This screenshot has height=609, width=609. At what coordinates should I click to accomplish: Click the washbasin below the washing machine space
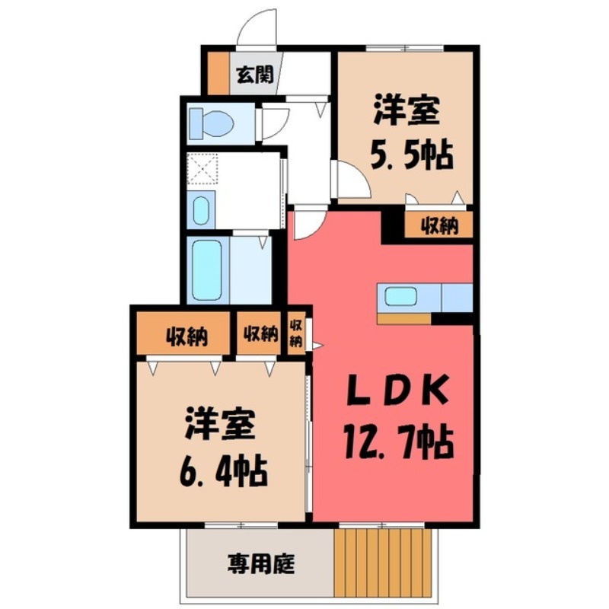[x=201, y=210]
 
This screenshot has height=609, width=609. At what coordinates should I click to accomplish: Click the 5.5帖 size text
[x=411, y=157]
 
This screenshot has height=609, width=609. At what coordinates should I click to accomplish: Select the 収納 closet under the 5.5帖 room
[x=438, y=225]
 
